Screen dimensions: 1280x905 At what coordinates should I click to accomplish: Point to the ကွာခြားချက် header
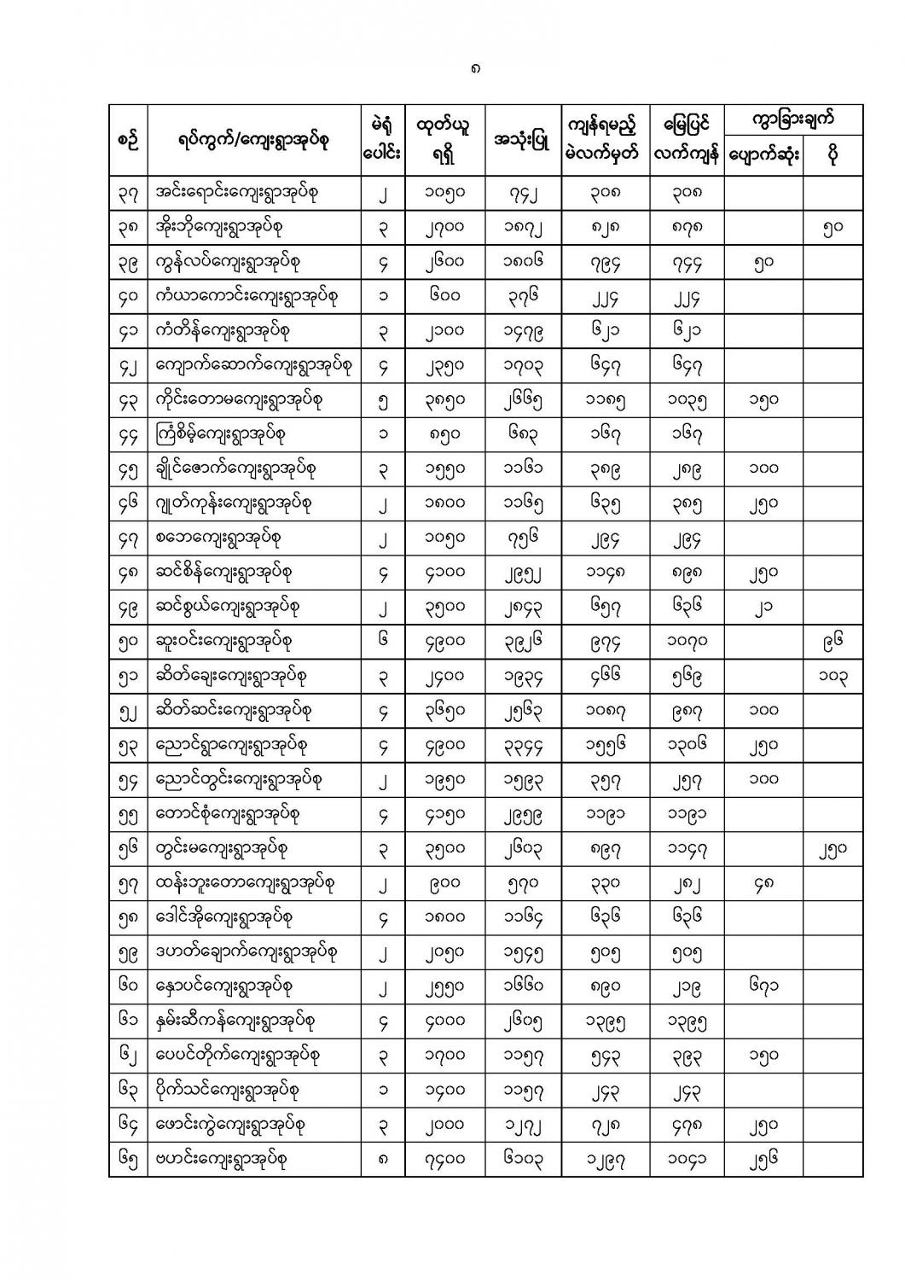(792, 119)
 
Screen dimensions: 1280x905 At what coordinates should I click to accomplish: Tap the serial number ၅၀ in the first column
(128, 641)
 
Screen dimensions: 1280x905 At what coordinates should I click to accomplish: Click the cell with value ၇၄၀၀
(444, 1159)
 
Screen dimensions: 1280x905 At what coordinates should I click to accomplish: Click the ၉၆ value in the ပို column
(832, 641)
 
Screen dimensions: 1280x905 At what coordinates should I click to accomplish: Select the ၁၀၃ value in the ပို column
(832, 676)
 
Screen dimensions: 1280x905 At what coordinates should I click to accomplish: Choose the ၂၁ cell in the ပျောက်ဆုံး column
(763, 607)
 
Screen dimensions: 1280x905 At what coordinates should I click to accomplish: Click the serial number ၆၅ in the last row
(128, 1159)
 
